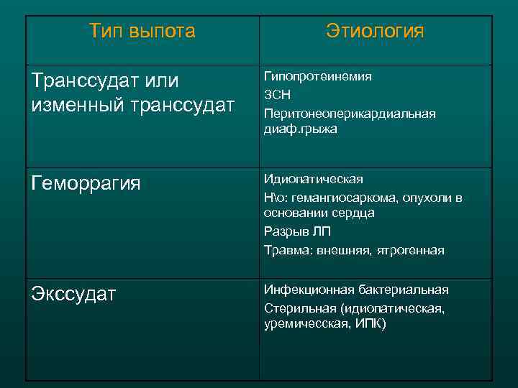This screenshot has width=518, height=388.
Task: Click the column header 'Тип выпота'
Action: tap(142, 31)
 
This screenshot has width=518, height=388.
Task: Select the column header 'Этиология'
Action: tap(375, 31)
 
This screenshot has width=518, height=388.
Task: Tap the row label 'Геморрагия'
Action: tap(86, 185)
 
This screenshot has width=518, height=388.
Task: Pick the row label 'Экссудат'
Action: tap(73, 295)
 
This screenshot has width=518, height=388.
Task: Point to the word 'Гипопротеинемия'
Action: tap(318, 76)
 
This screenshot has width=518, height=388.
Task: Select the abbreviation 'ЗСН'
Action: tap(277, 95)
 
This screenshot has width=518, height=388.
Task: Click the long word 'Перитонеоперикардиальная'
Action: tap(350, 114)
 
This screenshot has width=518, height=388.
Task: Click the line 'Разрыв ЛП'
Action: tap(297, 232)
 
